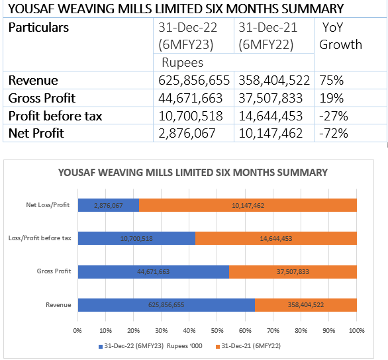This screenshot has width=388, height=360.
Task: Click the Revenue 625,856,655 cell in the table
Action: [193, 80]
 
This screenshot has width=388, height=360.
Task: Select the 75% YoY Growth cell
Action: [350, 80]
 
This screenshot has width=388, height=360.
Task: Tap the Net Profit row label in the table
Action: [78, 133]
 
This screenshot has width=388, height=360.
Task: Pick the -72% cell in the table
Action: [350, 133]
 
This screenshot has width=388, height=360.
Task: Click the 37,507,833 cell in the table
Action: [274, 98]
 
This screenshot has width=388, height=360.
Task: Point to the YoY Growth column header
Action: [350, 44]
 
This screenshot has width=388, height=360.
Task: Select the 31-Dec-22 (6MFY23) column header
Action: [193, 36]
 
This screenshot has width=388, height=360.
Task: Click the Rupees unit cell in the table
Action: [234, 62]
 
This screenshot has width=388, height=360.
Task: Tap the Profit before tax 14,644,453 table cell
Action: [274, 116]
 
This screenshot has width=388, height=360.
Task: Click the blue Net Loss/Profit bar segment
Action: [109, 205]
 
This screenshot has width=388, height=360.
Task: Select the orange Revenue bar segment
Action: [306, 305]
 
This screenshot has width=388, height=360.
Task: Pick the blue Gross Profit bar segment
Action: [154, 272]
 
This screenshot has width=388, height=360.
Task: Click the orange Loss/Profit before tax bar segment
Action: [276, 238]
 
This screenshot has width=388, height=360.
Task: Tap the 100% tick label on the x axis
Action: [357, 331]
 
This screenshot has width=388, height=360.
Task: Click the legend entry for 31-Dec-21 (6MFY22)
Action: [248, 346]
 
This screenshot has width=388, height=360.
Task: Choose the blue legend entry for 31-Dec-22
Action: [150, 346]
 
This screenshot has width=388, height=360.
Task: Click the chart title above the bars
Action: [193, 173]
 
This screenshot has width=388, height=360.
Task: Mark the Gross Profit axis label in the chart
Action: [54, 271]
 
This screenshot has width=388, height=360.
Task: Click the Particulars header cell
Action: [78, 44]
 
